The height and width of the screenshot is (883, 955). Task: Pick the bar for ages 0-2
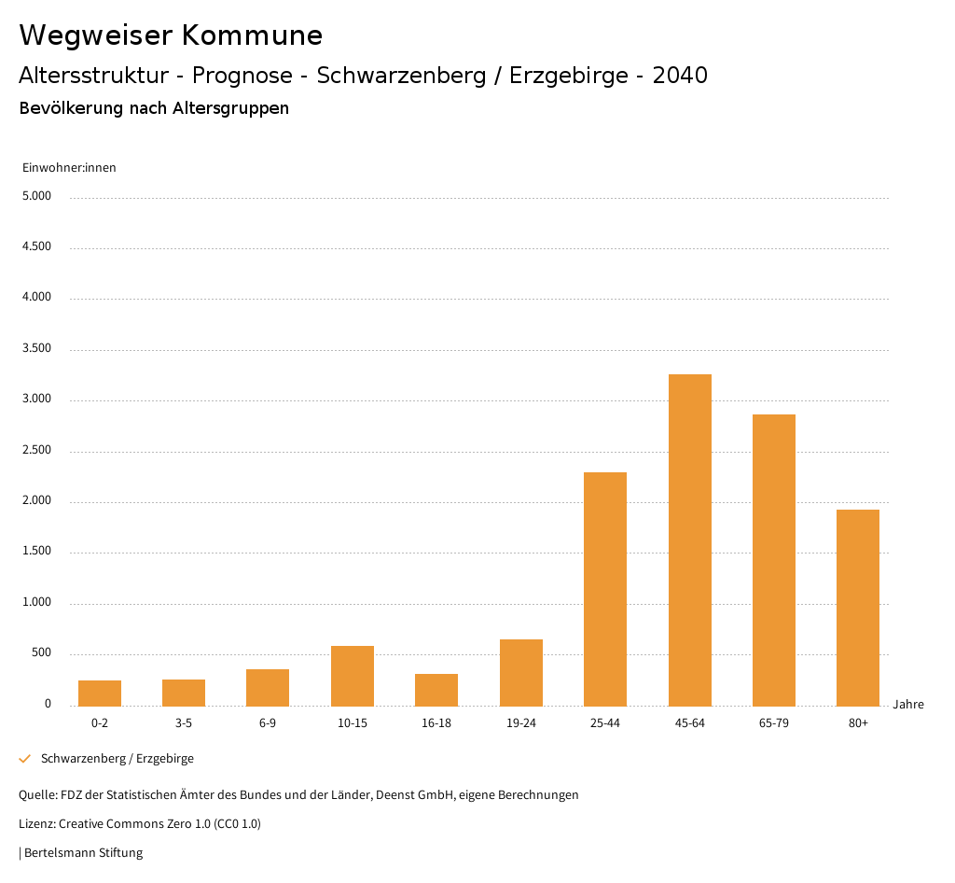tap(100, 693)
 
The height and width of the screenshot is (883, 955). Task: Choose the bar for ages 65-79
tap(774, 560)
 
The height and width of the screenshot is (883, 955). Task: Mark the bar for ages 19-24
tap(521, 672)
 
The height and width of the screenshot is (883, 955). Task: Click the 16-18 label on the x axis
tap(436, 723)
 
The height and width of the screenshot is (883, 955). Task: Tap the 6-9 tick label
tap(268, 723)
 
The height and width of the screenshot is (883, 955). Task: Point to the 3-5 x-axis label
tap(184, 723)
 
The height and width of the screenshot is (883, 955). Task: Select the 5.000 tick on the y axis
tap(36, 197)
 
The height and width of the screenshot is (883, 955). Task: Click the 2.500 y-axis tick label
tap(36, 451)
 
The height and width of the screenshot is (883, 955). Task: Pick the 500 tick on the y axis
tap(41, 653)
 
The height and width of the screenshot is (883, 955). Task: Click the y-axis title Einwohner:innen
tap(69, 168)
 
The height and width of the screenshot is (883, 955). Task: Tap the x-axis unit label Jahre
tap(908, 705)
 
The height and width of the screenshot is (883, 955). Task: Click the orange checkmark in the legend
tap(25, 759)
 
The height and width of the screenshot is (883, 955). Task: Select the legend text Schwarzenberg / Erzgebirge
tap(118, 759)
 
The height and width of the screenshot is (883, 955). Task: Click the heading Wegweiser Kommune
tap(171, 35)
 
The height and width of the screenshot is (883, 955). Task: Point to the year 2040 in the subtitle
tap(680, 76)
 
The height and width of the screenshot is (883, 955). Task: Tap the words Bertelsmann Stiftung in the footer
tap(83, 853)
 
